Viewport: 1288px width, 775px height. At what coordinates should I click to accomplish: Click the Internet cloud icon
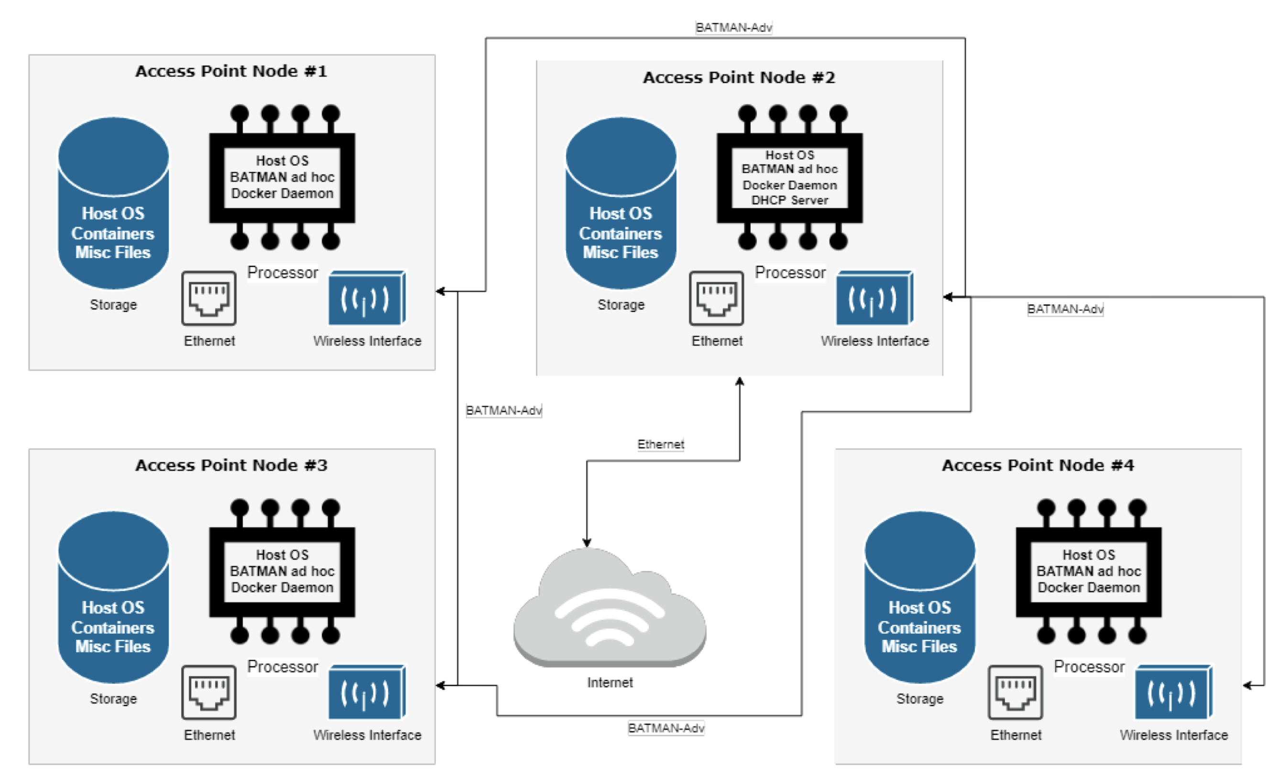[609, 608]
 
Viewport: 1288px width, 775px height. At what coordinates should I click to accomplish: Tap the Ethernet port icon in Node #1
[208, 298]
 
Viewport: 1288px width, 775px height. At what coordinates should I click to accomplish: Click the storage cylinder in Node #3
[113, 597]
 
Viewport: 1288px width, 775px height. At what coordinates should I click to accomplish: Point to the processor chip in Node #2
[789, 178]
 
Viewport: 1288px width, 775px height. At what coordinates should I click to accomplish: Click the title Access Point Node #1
[231, 71]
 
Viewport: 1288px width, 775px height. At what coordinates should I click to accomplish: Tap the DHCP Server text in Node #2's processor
[789, 200]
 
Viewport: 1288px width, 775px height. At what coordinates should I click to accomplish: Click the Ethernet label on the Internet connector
[660, 444]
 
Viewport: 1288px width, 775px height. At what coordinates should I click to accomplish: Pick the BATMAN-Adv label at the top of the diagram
[733, 28]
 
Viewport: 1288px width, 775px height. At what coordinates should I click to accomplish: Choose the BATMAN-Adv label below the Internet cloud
[666, 728]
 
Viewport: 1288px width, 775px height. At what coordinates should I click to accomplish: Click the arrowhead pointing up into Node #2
[739, 381]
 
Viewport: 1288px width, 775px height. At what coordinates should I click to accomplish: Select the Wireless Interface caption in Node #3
[367, 735]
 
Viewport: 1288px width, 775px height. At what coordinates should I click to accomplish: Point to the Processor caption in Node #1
[282, 273]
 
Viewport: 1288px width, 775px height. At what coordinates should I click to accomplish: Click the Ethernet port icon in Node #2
[716, 298]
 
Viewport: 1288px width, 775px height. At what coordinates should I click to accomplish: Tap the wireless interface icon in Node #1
[366, 298]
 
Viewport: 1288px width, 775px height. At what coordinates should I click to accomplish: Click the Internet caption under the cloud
[609, 683]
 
